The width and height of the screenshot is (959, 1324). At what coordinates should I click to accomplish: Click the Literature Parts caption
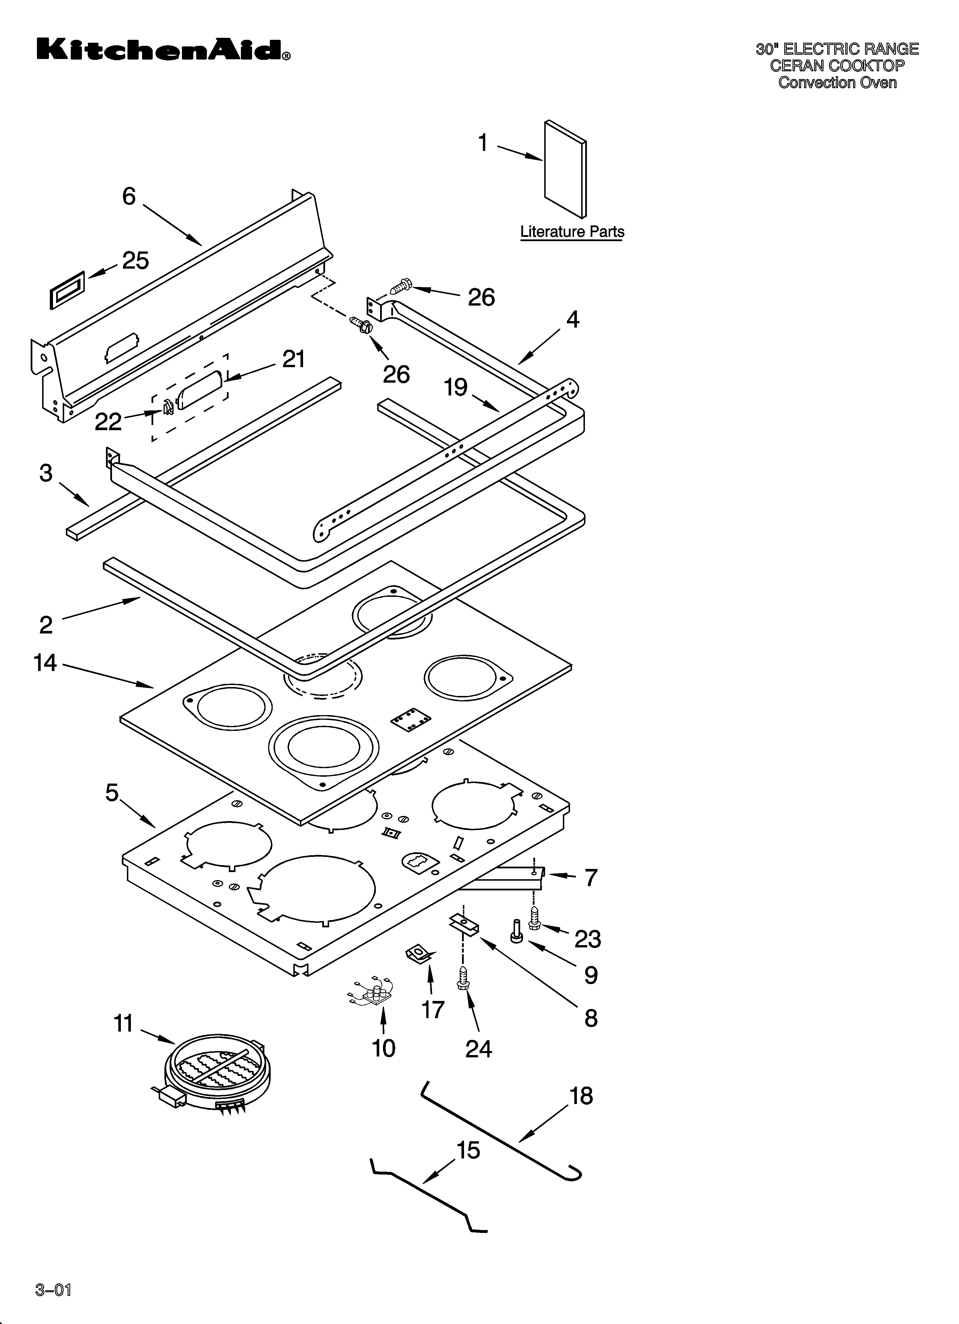(572, 232)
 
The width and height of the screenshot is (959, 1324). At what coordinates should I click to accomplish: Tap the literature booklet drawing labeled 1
(565, 169)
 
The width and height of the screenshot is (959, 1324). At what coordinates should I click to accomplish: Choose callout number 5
(112, 793)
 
